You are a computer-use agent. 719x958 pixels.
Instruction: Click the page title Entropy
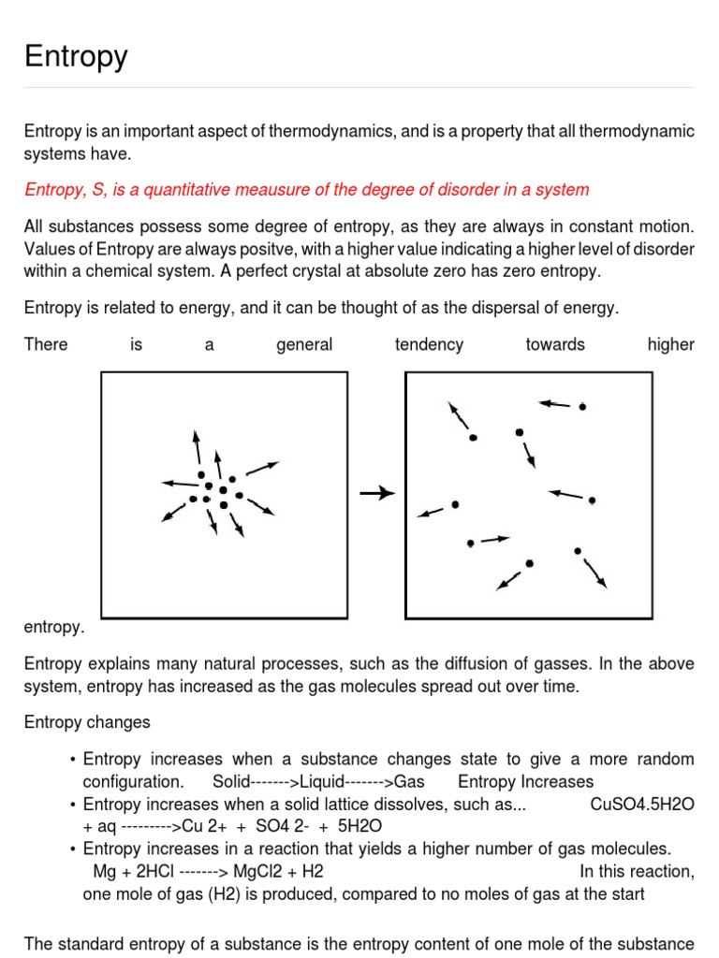[x=76, y=57]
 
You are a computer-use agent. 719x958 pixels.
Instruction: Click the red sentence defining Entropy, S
[x=306, y=190]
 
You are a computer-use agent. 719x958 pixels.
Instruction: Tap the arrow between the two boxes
[x=376, y=493]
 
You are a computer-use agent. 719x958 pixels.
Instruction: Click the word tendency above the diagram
[x=429, y=344]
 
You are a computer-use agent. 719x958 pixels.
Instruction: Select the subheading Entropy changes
[x=86, y=722]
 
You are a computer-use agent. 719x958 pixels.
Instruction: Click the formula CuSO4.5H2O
[x=642, y=804]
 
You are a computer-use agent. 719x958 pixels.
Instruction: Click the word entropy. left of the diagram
[x=54, y=627]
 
